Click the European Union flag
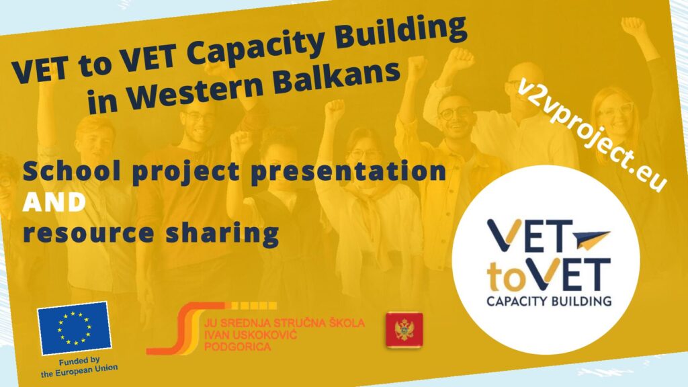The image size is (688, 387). tap(74, 328)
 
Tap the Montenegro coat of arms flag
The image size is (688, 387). tap(404, 330)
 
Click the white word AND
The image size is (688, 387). tap(54, 202)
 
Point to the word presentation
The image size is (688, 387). tap(349, 171)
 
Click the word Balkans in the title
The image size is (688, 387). tap(337, 79)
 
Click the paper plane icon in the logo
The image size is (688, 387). tap(590, 239)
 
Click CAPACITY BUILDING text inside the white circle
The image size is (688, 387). tap(549, 301)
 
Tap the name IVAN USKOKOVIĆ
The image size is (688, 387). tap(251, 335)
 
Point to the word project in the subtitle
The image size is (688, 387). tap(185, 172)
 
